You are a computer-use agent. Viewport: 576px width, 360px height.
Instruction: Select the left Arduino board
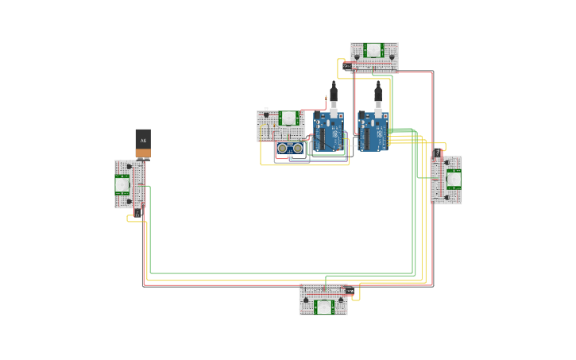[327, 132]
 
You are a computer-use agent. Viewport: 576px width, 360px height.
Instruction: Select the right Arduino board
[373, 132]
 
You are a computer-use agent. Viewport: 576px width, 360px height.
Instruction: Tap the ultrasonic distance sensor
[290, 149]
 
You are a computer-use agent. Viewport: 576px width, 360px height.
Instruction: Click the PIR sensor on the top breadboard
[373, 50]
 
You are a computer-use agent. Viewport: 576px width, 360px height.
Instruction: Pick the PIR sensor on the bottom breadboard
[323, 307]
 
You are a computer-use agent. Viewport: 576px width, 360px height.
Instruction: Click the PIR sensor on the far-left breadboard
[122, 185]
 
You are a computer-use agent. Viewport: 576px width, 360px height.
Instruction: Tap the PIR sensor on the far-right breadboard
[454, 179]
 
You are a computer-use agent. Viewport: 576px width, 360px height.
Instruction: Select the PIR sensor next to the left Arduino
[288, 118]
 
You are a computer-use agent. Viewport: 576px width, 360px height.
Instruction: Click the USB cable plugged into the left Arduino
[334, 94]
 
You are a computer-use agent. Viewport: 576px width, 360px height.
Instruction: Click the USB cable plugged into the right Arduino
[378, 94]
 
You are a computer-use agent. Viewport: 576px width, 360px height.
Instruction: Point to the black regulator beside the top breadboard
[346, 65]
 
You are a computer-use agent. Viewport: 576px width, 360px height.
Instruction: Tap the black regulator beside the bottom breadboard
[350, 291]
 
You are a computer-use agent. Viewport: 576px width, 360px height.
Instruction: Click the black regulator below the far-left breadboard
[137, 213]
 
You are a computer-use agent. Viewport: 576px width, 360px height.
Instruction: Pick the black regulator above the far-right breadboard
[438, 151]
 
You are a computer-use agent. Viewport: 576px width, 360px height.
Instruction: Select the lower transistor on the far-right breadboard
[446, 198]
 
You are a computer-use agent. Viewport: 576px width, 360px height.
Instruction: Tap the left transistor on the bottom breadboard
[306, 300]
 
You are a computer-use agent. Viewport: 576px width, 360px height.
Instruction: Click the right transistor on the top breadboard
[392, 56]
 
